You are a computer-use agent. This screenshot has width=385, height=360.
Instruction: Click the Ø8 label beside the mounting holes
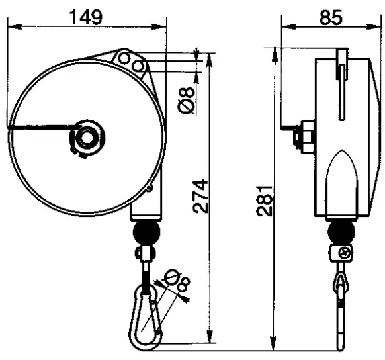click(188, 99)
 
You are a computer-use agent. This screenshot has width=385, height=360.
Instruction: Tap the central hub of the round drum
click(85, 138)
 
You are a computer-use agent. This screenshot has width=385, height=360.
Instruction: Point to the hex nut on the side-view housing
click(306, 136)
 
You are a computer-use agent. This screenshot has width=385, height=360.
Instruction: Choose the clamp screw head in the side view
click(345, 252)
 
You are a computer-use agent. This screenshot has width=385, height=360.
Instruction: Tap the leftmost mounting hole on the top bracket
click(124, 60)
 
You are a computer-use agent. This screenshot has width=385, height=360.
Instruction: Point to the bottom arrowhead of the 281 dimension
click(273, 344)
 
